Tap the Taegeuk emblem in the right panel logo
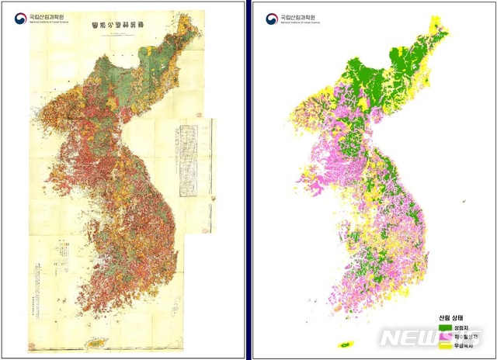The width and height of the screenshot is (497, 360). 271,17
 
